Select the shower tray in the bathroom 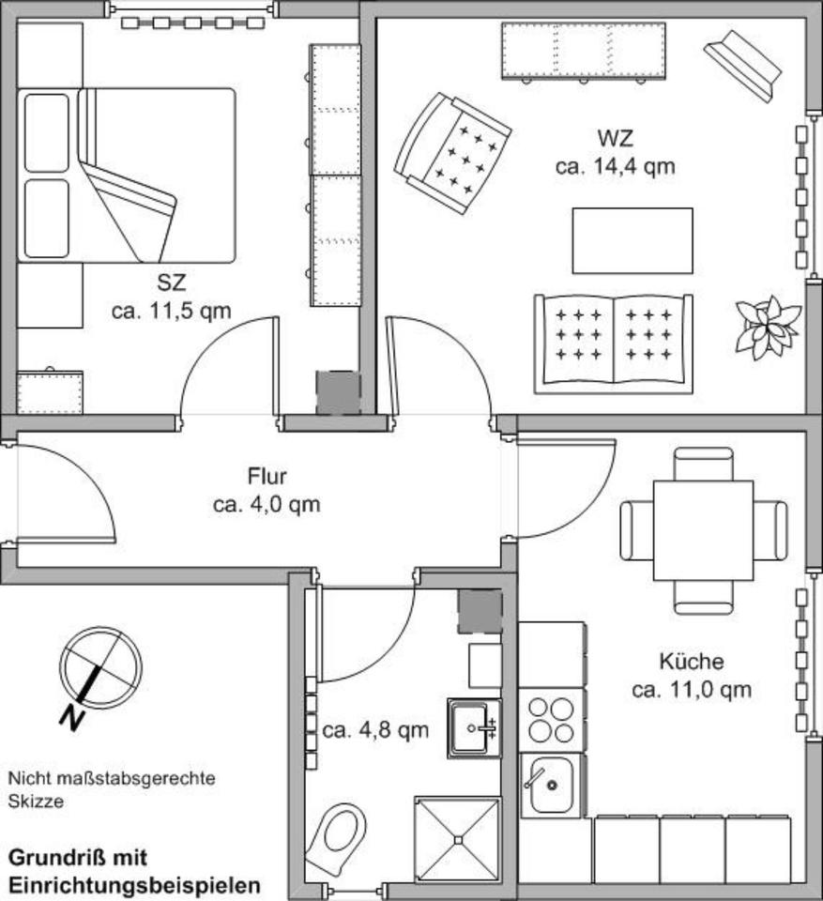pyautogui.click(x=458, y=838)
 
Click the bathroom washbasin pyautogui.click(x=474, y=727)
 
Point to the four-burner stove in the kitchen pyautogui.click(x=552, y=719)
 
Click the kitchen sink pyautogui.click(x=552, y=784)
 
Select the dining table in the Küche pyautogui.click(x=703, y=530)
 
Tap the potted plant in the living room pyautogui.click(x=768, y=327)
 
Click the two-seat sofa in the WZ pyautogui.click(x=613, y=344)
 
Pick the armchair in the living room pyautogui.click(x=453, y=152)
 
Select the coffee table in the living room pyautogui.click(x=632, y=240)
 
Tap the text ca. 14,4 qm pyautogui.click(x=615, y=167)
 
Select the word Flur pyautogui.click(x=267, y=476)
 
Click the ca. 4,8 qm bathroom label pyautogui.click(x=375, y=729)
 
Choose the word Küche pyautogui.click(x=691, y=662)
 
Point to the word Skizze pyautogui.click(x=35, y=802)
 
